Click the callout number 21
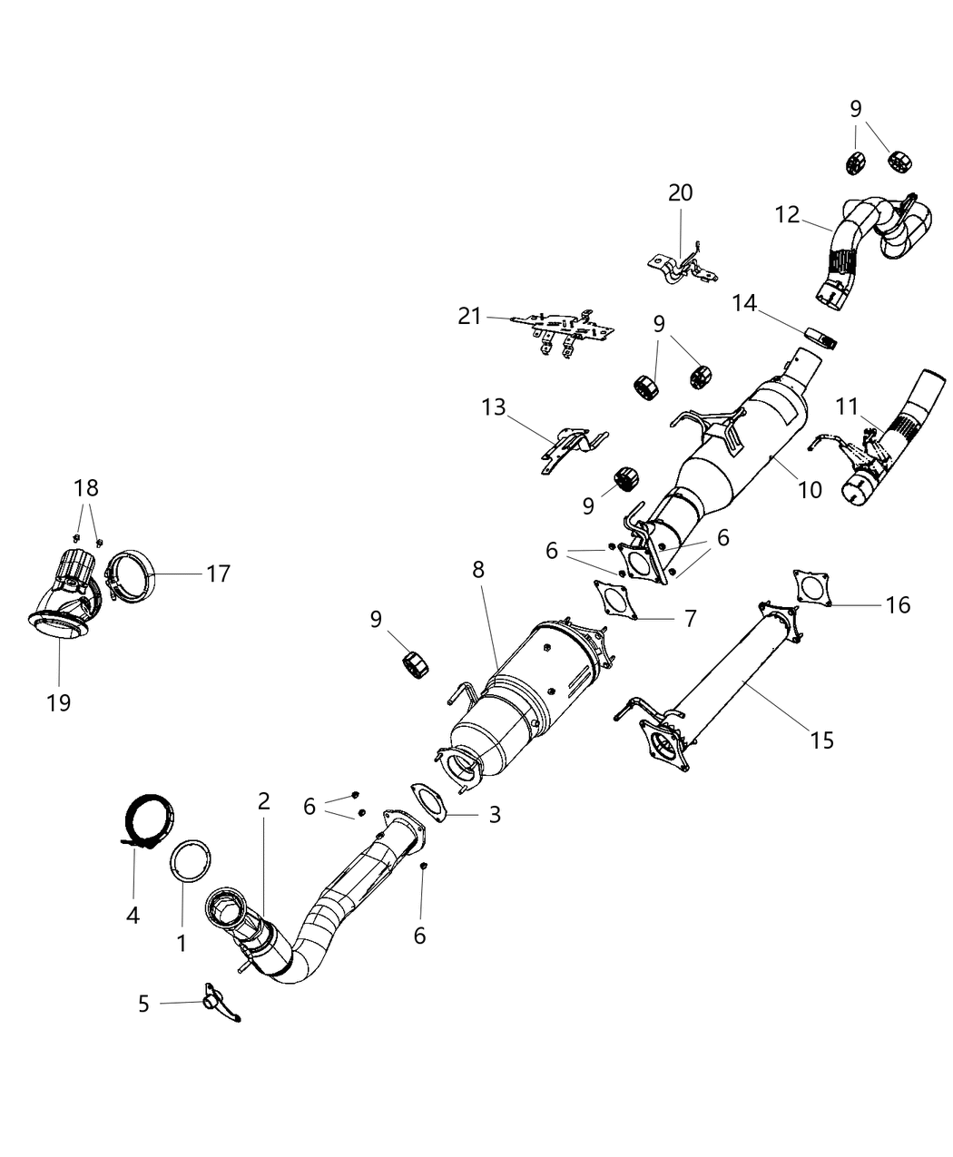pos(469,316)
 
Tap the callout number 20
pos(680,192)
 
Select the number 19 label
pos(59,701)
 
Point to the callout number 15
pos(821,740)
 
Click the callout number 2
pos(263,800)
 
